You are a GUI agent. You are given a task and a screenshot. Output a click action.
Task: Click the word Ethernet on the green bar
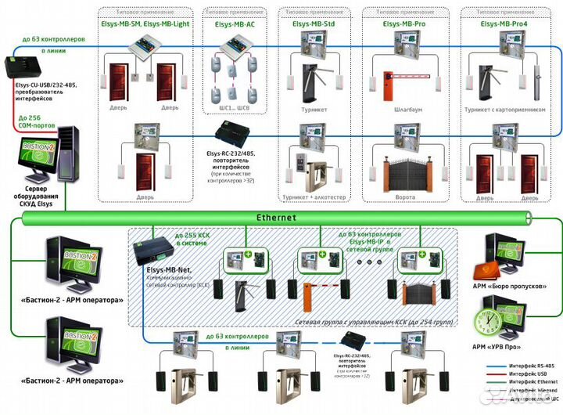coord(277,218)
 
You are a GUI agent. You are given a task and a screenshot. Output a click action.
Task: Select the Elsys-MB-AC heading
coord(234,25)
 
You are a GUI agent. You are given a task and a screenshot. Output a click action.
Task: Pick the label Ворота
coord(405,198)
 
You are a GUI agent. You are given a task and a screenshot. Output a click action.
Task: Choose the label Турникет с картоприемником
coord(505,110)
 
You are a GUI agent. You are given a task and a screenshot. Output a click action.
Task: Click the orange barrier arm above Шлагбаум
coord(411,78)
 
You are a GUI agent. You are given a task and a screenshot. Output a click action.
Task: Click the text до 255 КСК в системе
coord(191,240)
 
